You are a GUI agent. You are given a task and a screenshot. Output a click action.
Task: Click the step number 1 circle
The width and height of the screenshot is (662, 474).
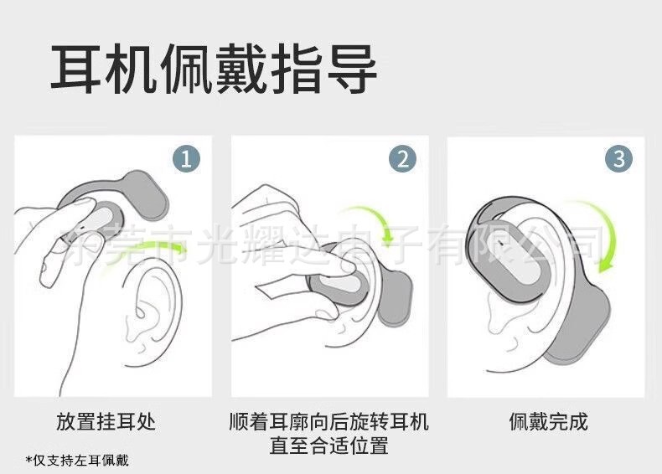tap(186, 158)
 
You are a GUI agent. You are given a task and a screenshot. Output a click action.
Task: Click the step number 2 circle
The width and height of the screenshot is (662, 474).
tap(403, 158)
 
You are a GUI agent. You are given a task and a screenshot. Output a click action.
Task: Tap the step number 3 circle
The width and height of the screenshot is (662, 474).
tap(618, 158)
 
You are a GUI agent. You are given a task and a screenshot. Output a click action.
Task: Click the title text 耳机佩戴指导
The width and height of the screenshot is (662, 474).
tap(214, 70)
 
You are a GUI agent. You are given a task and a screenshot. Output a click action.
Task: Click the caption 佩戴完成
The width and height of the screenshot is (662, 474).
tap(548, 420)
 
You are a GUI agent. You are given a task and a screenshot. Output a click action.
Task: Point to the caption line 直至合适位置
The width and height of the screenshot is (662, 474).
tap(328, 445)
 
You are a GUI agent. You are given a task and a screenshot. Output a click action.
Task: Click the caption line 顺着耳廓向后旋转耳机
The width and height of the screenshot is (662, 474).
tap(328, 420)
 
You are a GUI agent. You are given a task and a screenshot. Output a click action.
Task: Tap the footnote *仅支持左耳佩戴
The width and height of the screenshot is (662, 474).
tap(77, 461)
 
